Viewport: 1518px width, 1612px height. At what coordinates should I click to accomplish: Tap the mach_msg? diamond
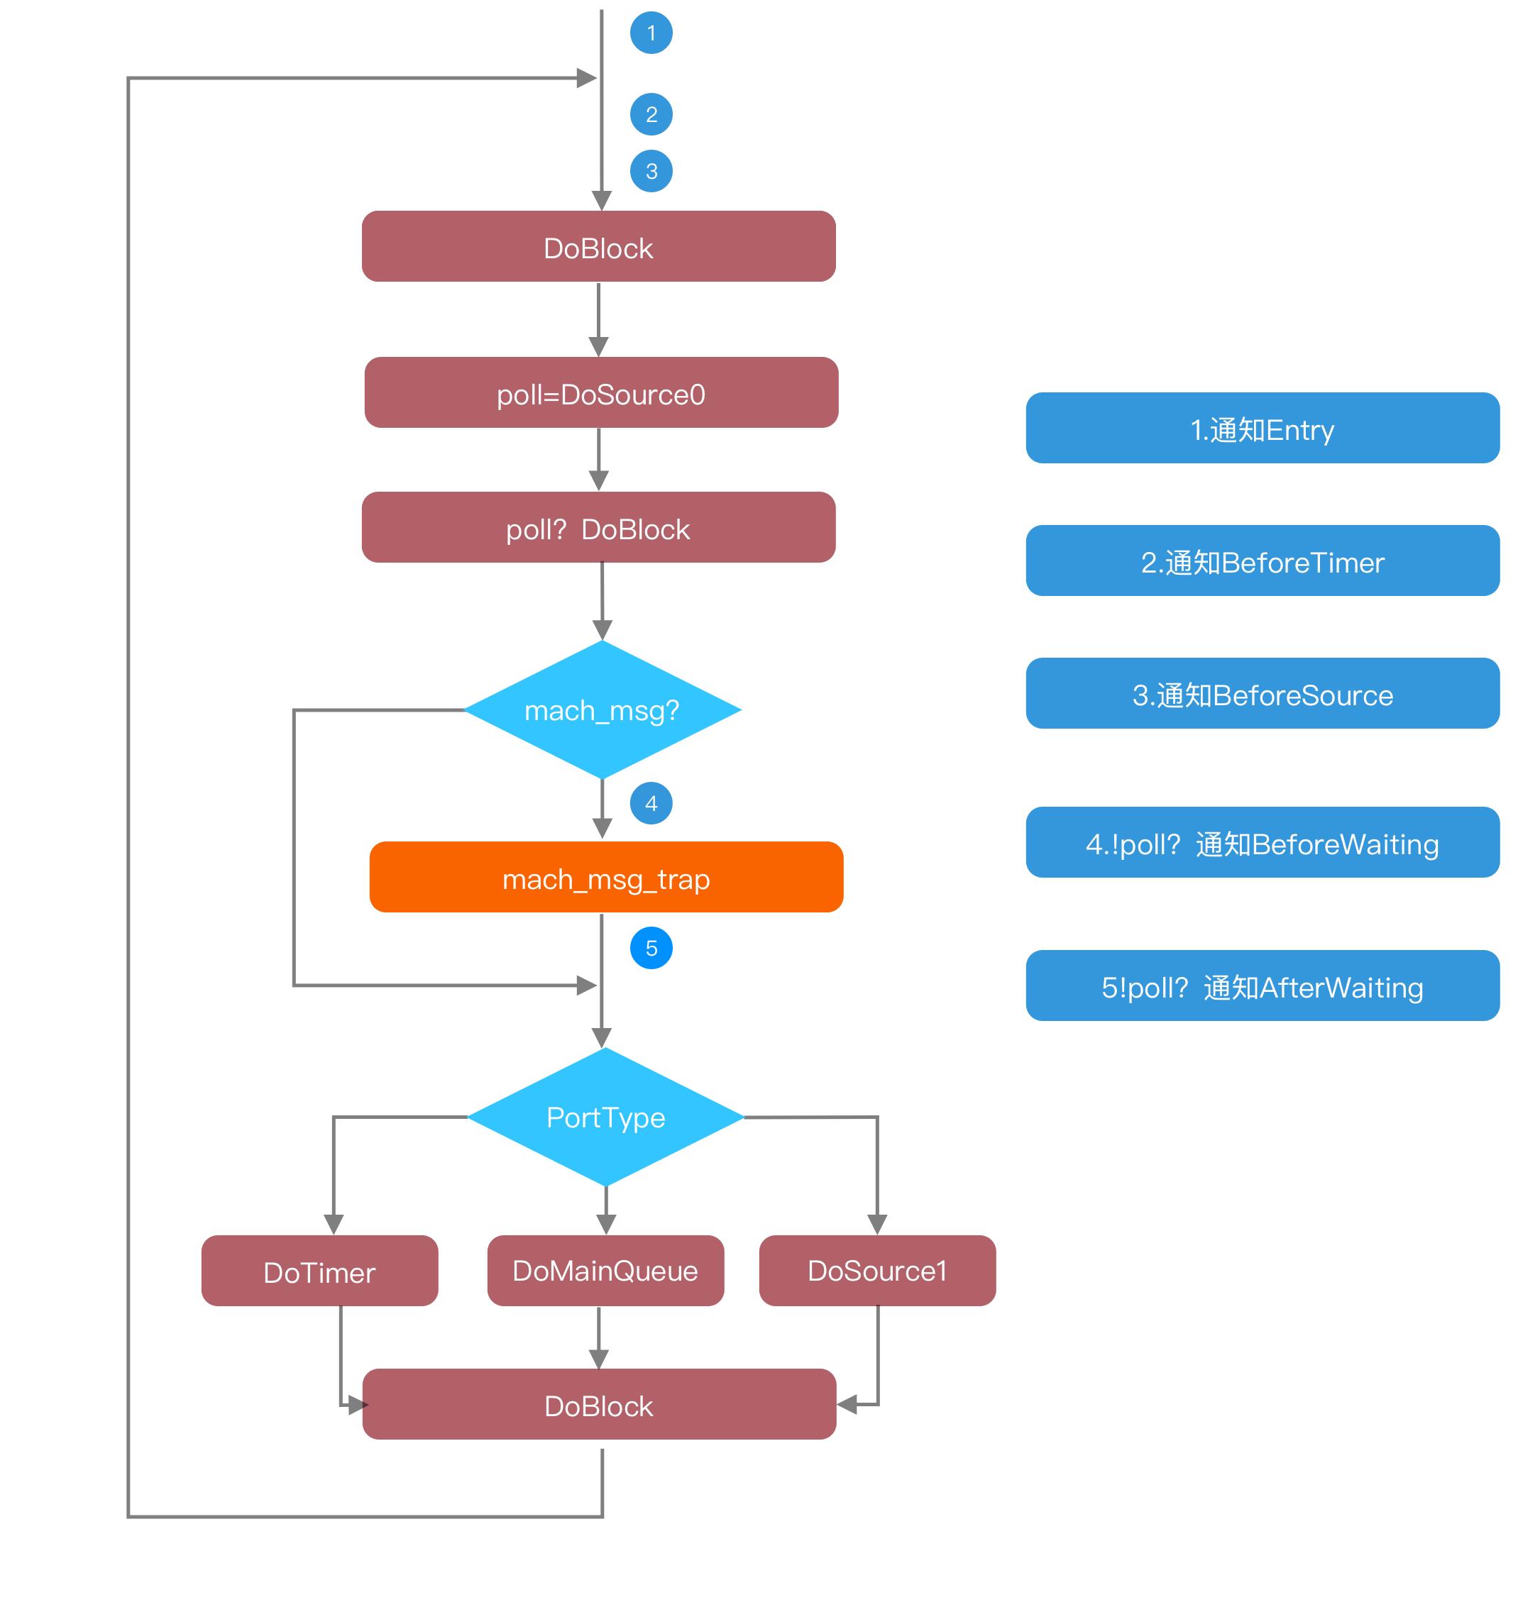[602, 710]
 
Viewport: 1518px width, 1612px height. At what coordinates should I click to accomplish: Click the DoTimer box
[319, 1271]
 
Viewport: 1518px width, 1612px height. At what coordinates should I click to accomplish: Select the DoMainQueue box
[605, 1270]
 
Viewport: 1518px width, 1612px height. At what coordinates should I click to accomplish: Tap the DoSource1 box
[876, 1270]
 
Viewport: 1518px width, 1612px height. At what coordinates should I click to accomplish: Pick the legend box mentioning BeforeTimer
[1262, 561]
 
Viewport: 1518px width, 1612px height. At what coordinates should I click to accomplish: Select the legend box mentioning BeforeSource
[1262, 693]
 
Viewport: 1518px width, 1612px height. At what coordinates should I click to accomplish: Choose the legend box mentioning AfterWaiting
[1262, 986]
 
